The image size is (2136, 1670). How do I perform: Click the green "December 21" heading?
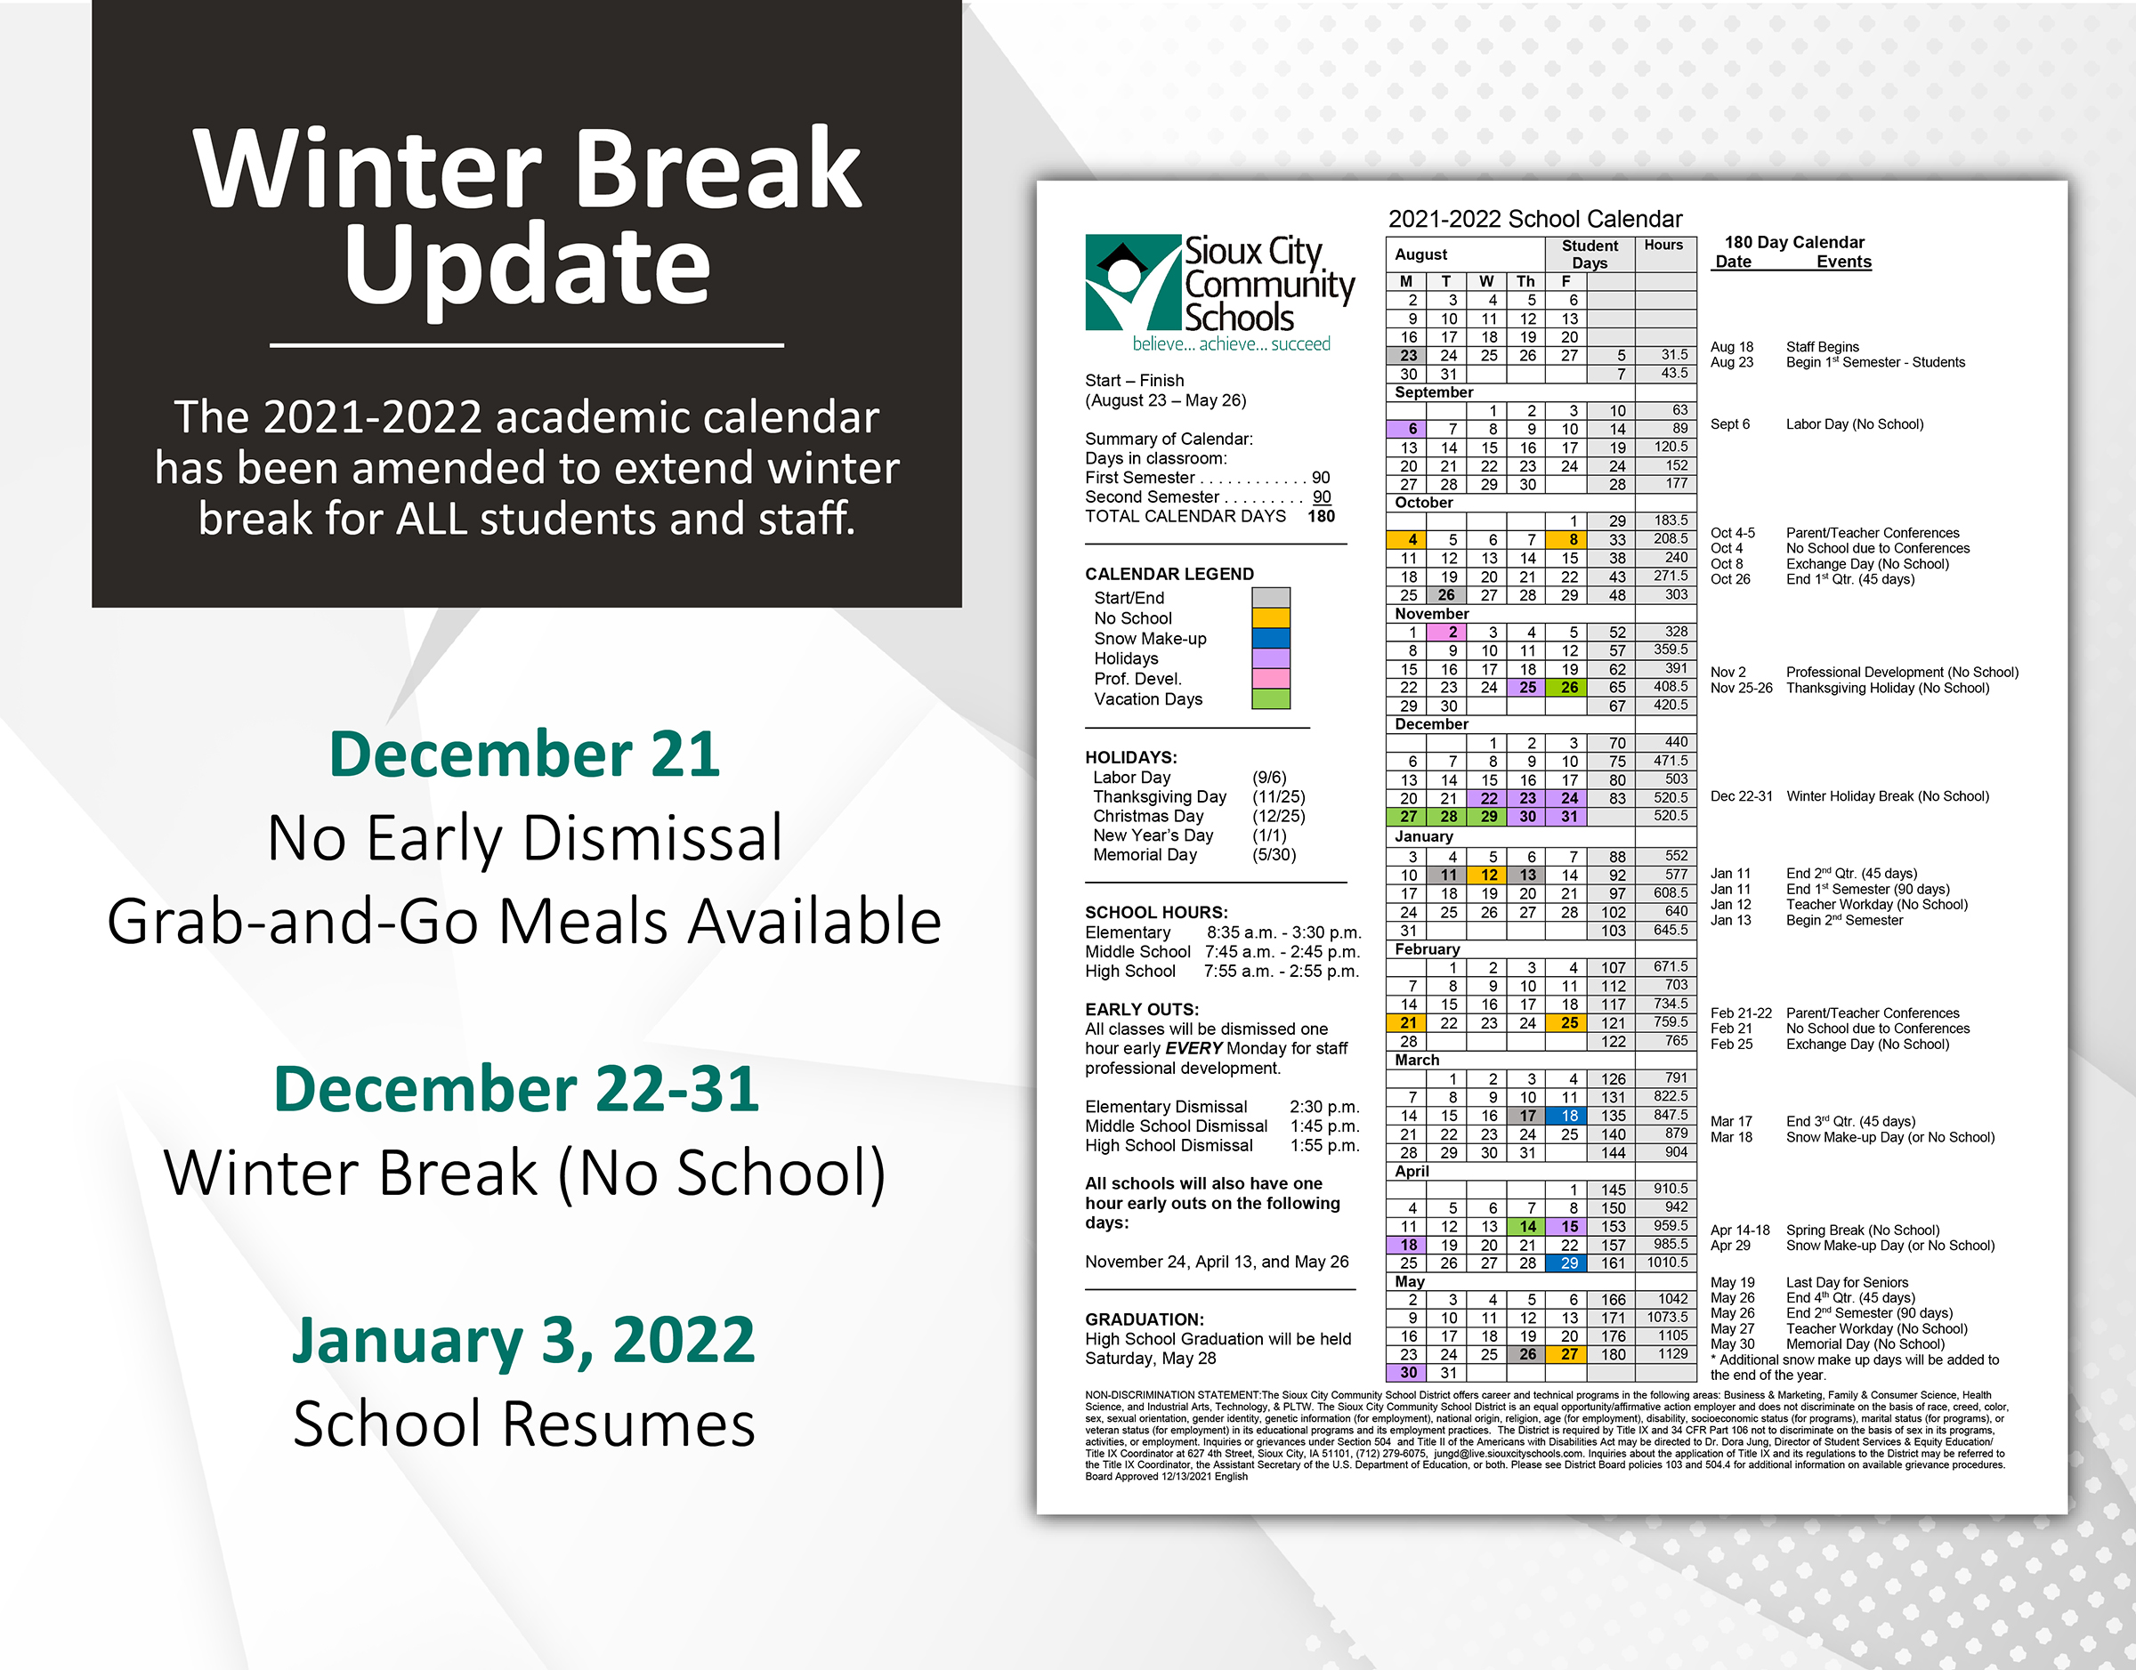(x=525, y=754)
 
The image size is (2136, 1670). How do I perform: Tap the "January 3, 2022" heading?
(x=524, y=1340)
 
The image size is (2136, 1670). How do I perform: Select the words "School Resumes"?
(x=524, y=1424)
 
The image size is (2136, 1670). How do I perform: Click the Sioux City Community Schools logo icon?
(x=1134, y=283)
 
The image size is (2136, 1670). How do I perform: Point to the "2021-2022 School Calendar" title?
(x=1535, y=219)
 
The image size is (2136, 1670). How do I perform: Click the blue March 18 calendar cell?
(x=1569, y=1116)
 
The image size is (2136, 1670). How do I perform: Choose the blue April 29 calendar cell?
(x=1569, y=1263)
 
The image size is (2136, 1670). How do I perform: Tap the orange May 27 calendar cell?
(x=1569, y=1354)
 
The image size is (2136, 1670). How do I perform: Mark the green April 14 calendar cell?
(x=1527, y=1226)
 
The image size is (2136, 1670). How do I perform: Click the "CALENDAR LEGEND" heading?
(x=1169, y=574)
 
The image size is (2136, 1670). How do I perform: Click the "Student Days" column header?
(x=1590, y=254)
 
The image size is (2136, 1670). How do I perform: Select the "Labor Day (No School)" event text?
(x=1855, y=424)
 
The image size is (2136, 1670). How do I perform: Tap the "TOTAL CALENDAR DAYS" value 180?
(x=1322, y=516)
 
